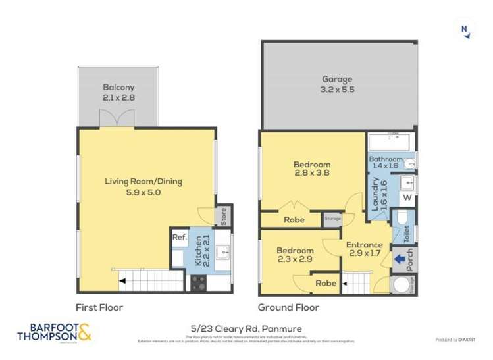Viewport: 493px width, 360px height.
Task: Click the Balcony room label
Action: coord(118,92)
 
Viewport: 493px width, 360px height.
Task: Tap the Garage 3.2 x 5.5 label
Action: coord(338,84)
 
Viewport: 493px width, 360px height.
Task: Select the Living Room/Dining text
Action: coord(143,187)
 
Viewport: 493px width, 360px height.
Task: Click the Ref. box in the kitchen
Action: coord(179,238)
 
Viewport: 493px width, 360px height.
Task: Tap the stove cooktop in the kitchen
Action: coord(199,282)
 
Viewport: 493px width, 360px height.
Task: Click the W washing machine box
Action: coord(407,197)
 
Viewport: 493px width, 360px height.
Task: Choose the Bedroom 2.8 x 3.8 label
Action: coord(312,169)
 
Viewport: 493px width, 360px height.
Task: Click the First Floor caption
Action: coord(99,307)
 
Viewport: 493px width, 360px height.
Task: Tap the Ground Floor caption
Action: coord(288,307)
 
